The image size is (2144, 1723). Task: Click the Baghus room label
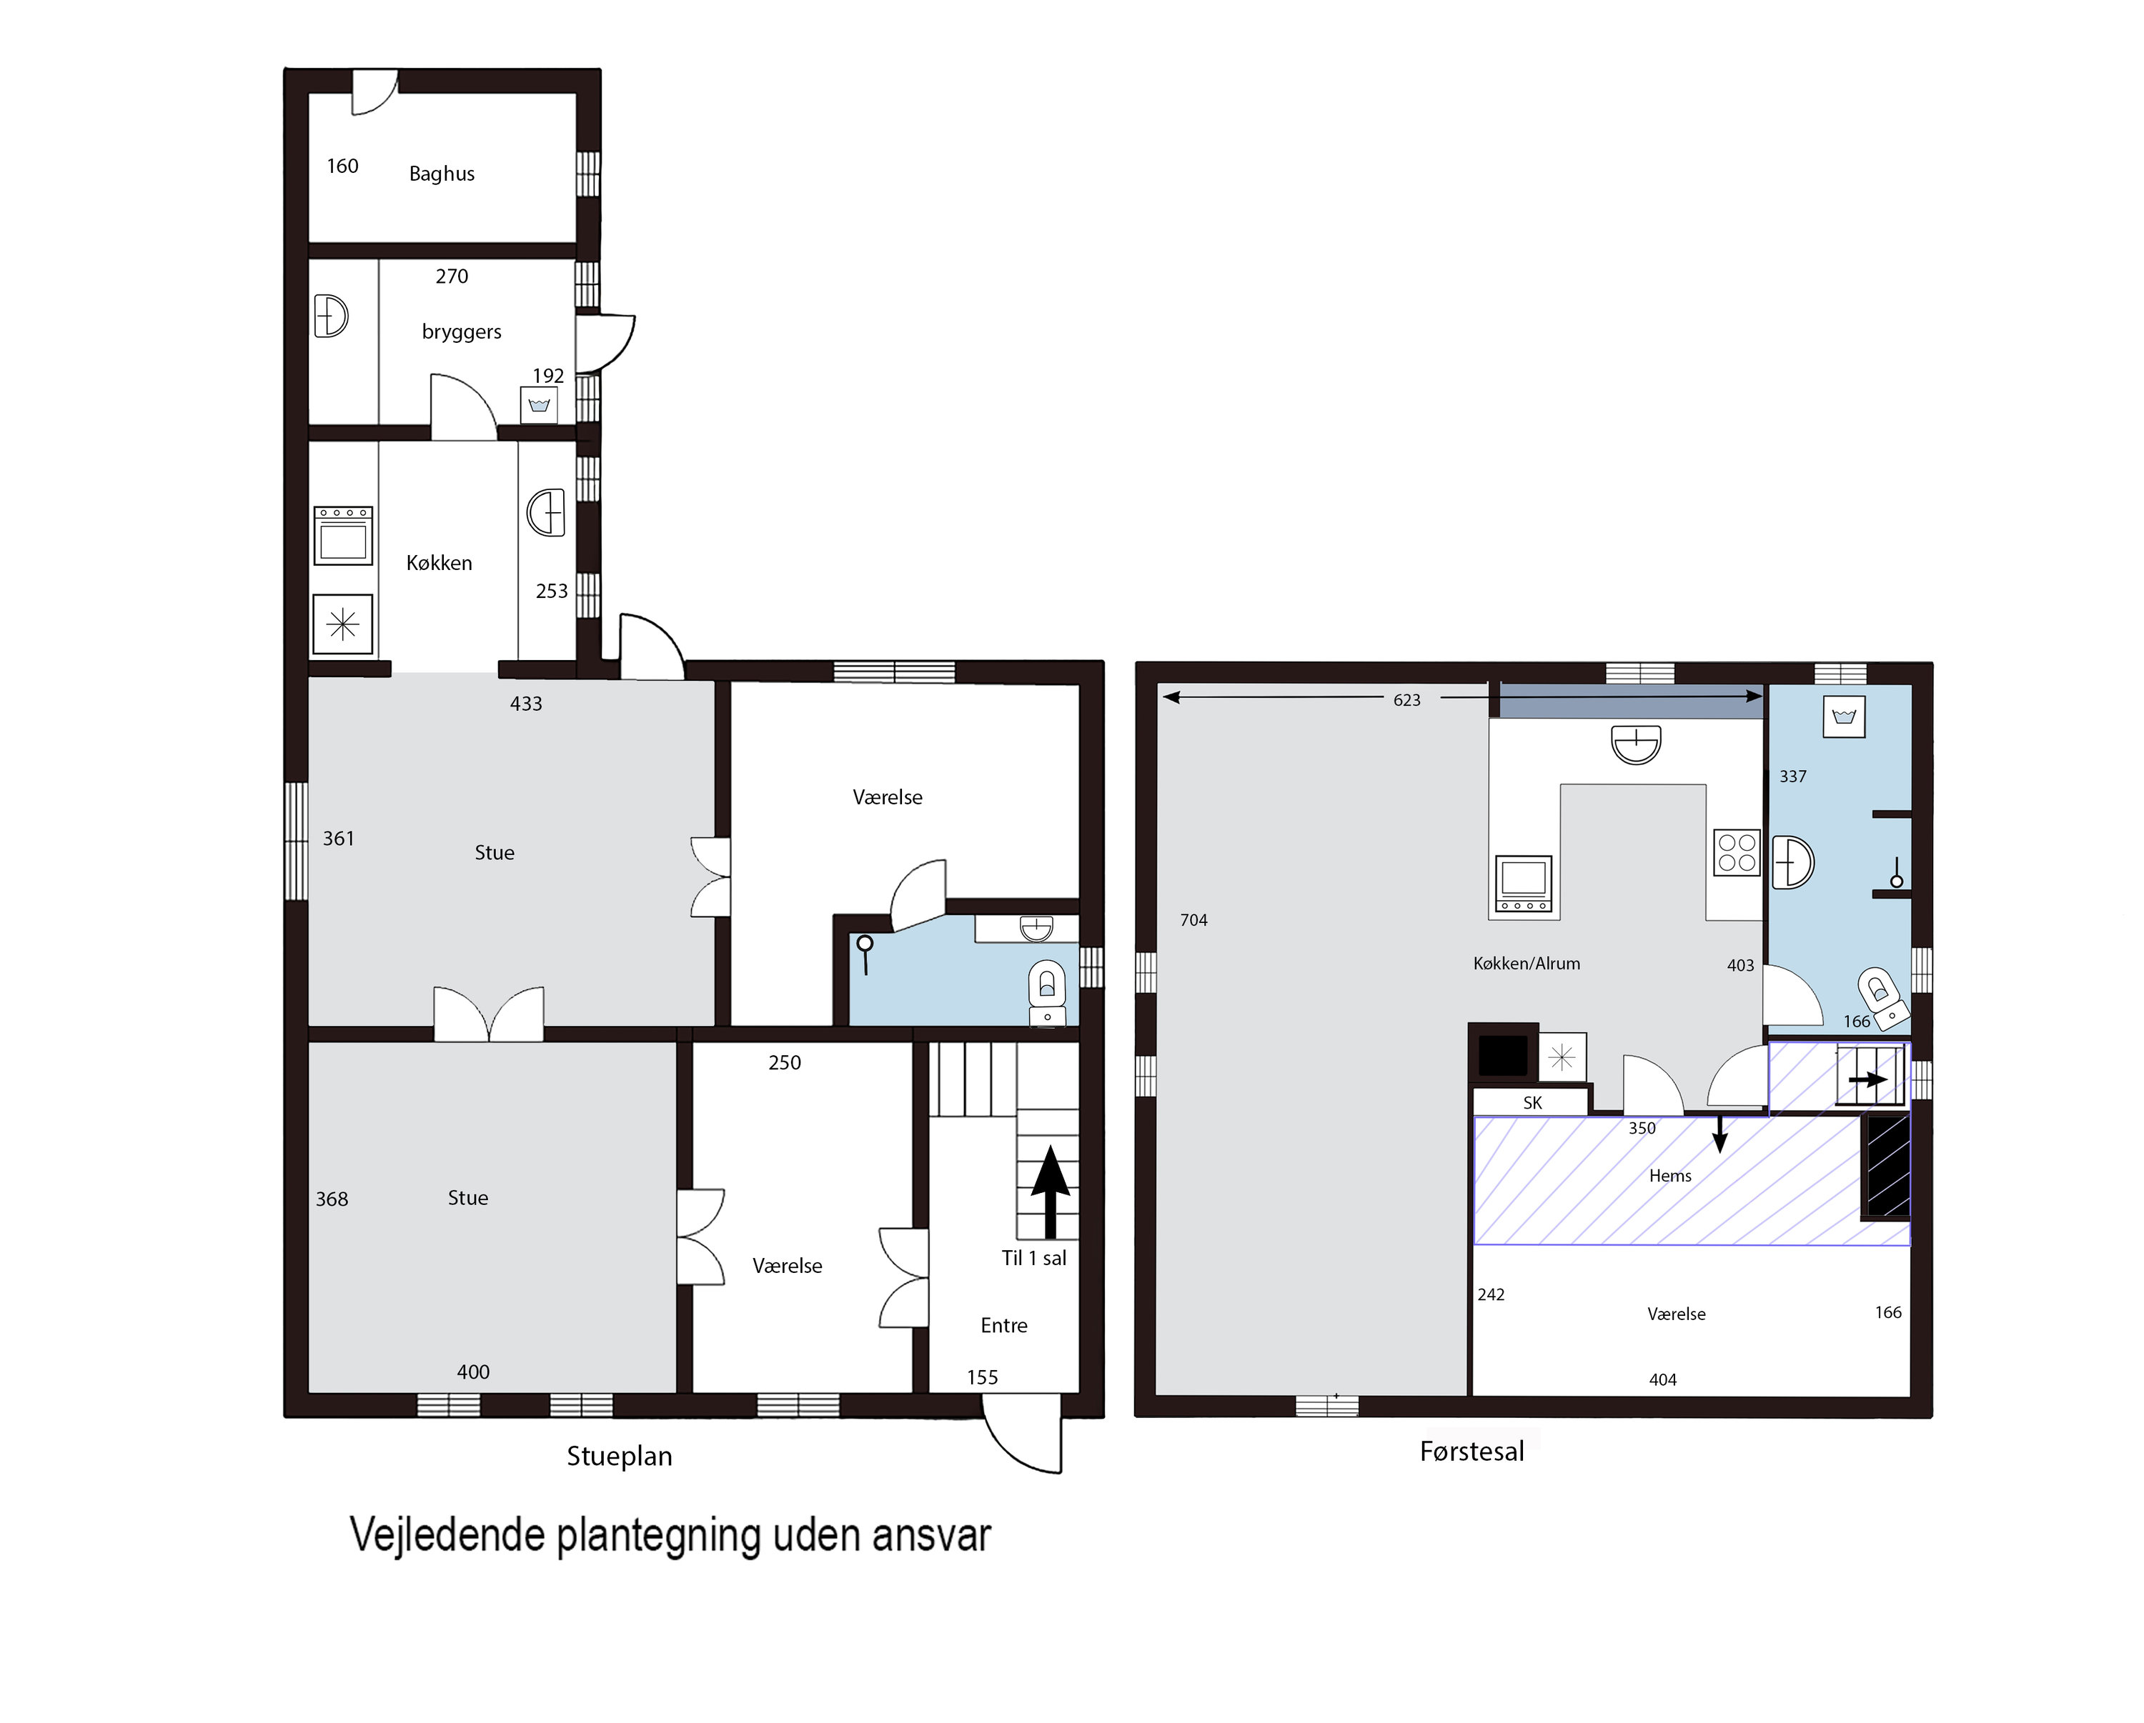tap(442, 174)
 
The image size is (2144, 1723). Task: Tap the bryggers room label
tap(462, 332)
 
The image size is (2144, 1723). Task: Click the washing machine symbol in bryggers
tap(539, 404)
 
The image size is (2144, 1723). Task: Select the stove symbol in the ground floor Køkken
tap(343, 536)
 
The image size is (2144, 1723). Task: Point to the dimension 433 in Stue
tap(526, 704)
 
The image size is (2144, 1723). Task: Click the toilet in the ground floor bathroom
tap(1046, 984)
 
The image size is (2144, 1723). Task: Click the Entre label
tap(1003, 1325)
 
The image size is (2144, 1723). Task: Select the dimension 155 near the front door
tap(983, 1377)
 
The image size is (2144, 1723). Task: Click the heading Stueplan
tap(620, 1456)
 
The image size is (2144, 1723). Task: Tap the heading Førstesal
tap(1471, 1452)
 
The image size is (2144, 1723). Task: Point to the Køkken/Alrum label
tap(1527, 964)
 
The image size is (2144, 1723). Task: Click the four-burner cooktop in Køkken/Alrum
tap(1736, 853)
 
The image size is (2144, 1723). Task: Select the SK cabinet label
tap(1532, 1103)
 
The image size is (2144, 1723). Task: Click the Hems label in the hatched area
tap(1669, 1177)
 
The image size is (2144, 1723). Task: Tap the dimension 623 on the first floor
tap(1407, 700)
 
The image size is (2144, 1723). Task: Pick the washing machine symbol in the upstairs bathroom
tap(1844, 716)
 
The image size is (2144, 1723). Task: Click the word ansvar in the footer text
tap(932, 1535)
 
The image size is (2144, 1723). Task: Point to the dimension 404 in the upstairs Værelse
tap(1663, 1380)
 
